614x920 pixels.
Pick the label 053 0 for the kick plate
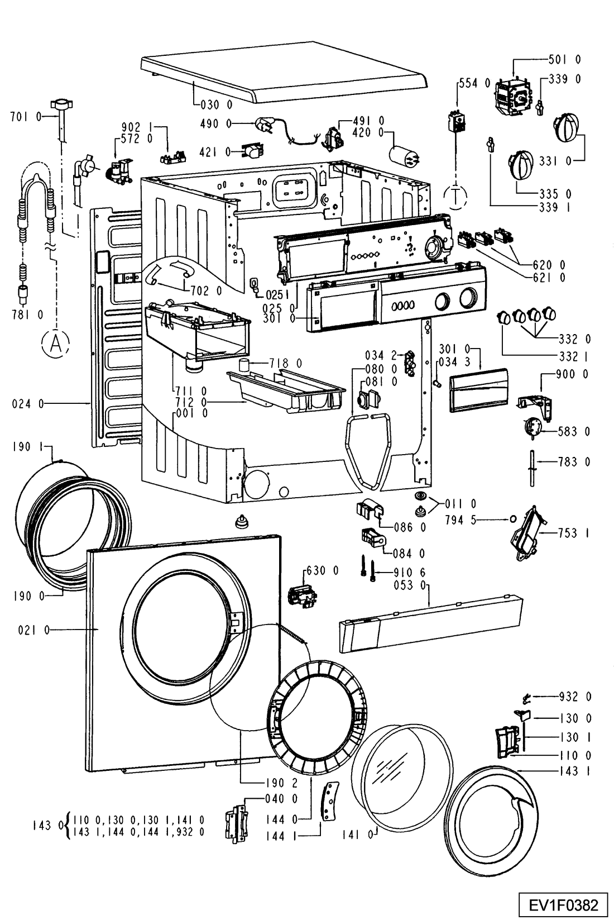coord(412,585)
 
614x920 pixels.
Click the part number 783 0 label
coord(574,462)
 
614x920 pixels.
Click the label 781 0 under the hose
coord(27,315)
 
